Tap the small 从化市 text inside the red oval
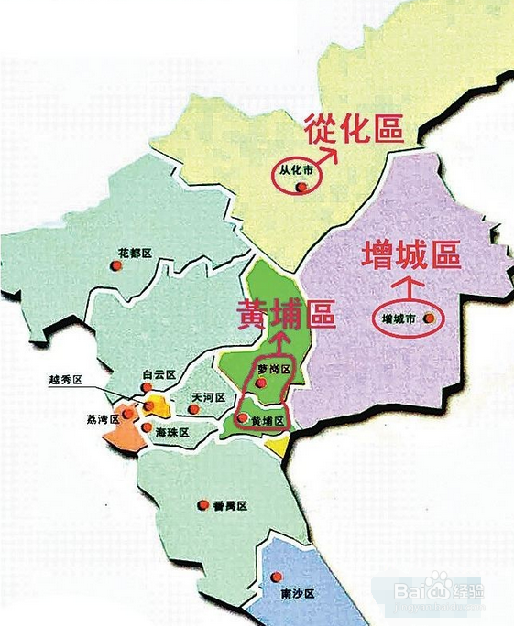[x=297, y=169]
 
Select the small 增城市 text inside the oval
[x=399, y=319]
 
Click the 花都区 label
[x=134, y=251]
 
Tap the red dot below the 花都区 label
[x=115, y=265]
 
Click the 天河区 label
[x=208, y=398]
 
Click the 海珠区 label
[x=172, y=431]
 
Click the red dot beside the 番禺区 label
[x=203, y=504]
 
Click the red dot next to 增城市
[x=427, y=319]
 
